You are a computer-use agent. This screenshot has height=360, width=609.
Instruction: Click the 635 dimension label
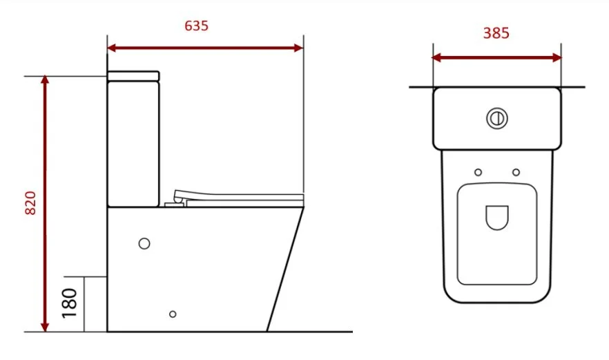196,26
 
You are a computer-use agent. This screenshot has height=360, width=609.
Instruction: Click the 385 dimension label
496,32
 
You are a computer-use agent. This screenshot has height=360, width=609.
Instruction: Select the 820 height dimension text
30,202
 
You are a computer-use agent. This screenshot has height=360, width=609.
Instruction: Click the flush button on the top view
496,118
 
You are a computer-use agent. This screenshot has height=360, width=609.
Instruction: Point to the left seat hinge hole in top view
478,171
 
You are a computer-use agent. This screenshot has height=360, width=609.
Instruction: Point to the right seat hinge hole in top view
516,171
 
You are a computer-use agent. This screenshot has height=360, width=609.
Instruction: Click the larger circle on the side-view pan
144,243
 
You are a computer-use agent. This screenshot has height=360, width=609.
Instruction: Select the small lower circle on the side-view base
173,314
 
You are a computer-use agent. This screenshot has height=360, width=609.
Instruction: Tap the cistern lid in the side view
133,75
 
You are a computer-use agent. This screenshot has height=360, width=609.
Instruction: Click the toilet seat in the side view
238,197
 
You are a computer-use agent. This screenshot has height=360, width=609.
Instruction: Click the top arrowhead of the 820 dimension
46,80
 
